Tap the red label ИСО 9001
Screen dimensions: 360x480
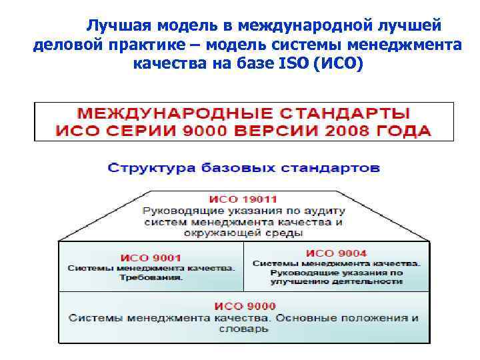click(x=151, y=257)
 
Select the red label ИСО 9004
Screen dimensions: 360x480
click(x=336, y=253)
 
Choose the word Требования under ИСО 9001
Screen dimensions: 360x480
click(x=151, y=277)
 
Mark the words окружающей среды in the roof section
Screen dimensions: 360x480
click(x=244, y=233)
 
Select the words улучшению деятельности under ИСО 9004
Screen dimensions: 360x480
click(x=336, y=282)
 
